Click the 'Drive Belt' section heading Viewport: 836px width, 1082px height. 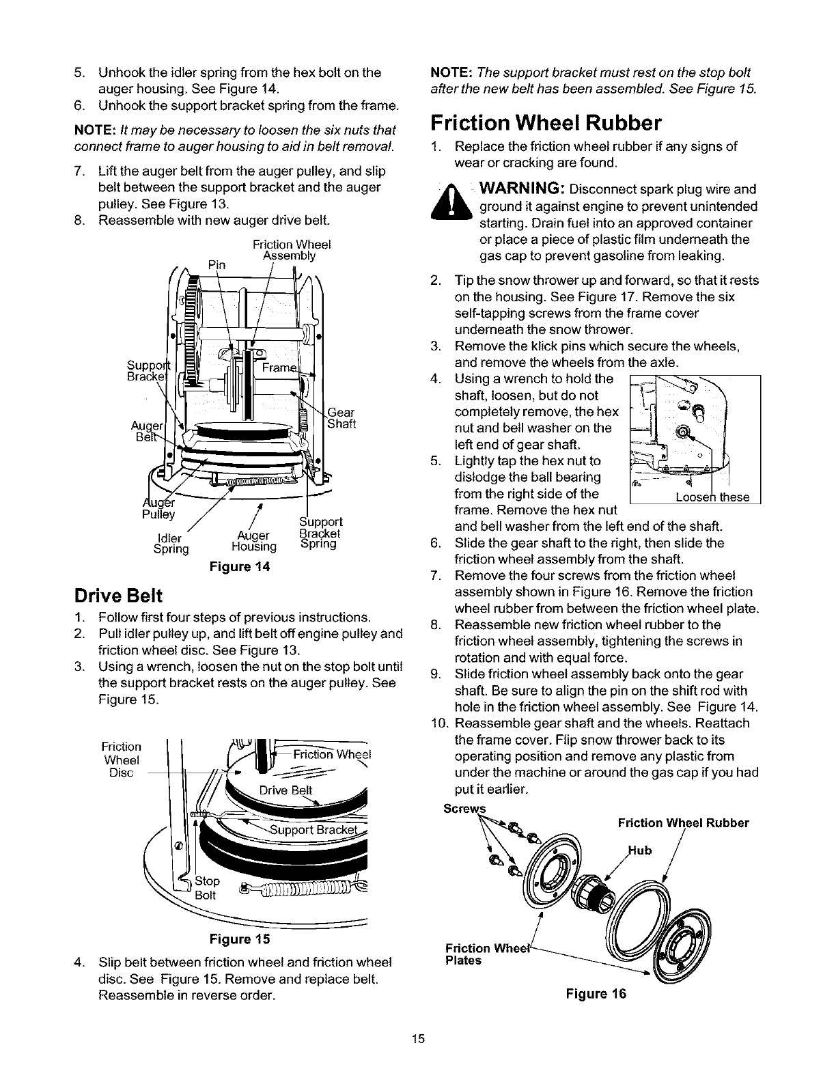point(118,596)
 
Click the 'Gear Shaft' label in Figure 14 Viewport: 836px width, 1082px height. point(342,418)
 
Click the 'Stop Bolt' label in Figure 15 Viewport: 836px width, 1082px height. point(206,888)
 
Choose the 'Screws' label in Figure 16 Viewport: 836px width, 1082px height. point(464,809)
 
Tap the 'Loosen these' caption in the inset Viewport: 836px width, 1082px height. point(712,497)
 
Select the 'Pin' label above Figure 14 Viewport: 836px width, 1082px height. point(217,264)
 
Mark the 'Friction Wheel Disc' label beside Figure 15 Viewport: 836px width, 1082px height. point(121,760)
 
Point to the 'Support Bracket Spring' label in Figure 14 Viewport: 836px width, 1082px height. point(320,533)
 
